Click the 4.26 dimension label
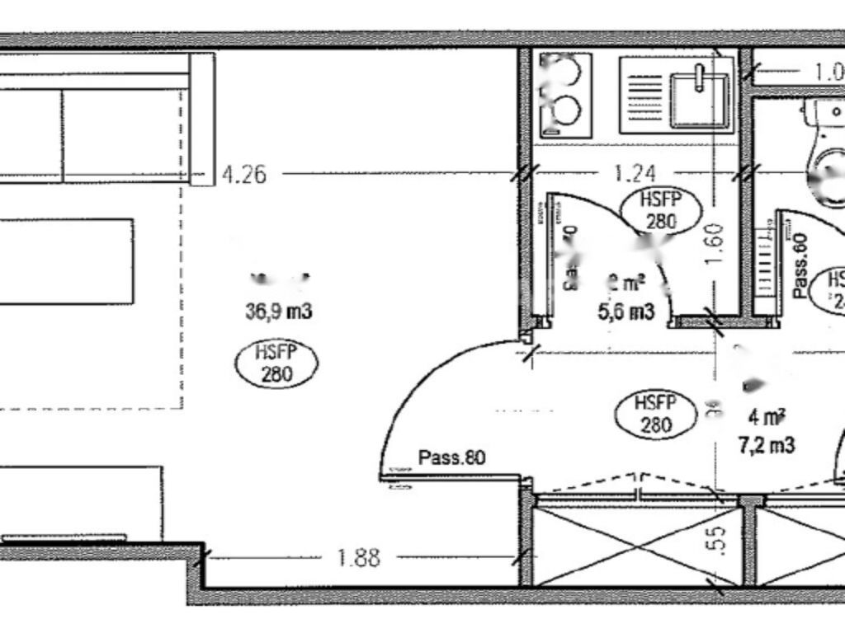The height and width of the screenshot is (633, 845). tap(244, 174)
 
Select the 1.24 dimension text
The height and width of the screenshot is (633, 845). tap(635, 174)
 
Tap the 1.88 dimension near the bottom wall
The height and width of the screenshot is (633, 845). tap(359, 558)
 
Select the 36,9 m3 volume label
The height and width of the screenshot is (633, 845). tap(278, 312)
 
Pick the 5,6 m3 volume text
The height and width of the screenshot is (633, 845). tap(626, 312)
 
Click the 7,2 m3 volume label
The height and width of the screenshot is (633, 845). tap(767, 446)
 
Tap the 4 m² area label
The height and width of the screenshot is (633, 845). tap(767, 417)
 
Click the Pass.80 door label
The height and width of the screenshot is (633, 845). tap(451, 457)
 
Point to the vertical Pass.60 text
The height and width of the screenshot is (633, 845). tap(799, 265)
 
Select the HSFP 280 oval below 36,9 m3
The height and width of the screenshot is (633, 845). tap(276, 363)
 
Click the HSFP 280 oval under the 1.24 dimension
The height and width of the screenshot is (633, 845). tap(661, 210)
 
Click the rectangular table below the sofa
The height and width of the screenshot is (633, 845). tap(66, 261)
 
